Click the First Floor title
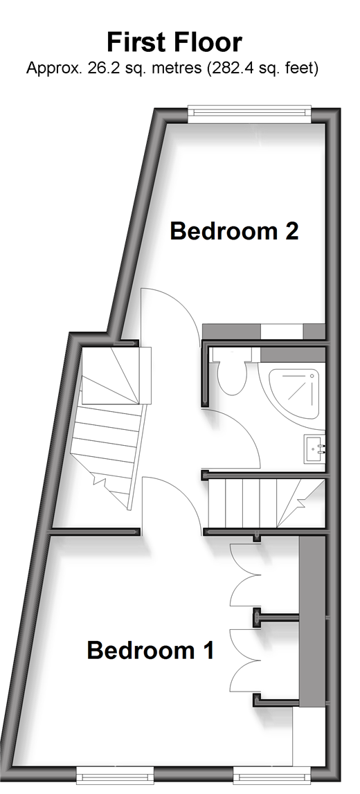pyautogui.click(x=174, y=42)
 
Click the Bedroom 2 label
pyautogui.click(x=234, y=231)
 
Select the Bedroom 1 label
pyautogui.click(x=150, y=650)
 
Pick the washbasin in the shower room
pyautogui.click(x=314, y=448)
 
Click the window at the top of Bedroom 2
pyautogui.click(x=249, y=114)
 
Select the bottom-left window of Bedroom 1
pyautogui.click(x=114, y=775)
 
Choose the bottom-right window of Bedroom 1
pyautogui.click(x=272, y=775)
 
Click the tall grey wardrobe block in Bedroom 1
pyautogui.click(x=312, y=622)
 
